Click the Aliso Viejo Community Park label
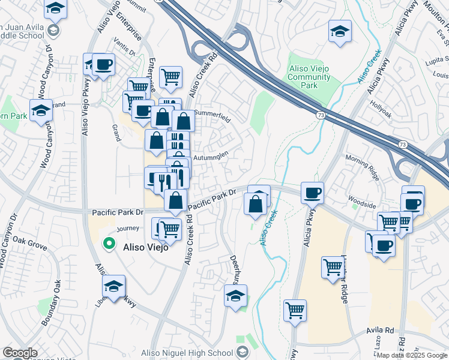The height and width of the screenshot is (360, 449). [312, 77]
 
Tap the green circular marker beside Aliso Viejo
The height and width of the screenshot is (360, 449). [109, 243]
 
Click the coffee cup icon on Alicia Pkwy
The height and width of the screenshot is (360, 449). [312, 193]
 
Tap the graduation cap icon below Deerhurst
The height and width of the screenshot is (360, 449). [235, 295]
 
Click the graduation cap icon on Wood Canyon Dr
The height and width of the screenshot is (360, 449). [41, 110]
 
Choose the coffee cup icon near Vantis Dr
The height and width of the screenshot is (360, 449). [103, 64]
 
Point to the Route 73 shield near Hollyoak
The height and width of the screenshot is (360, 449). [319, 113]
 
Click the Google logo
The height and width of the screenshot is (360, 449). [20, 353]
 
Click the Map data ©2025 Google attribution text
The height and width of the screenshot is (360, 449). [412, 355]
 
